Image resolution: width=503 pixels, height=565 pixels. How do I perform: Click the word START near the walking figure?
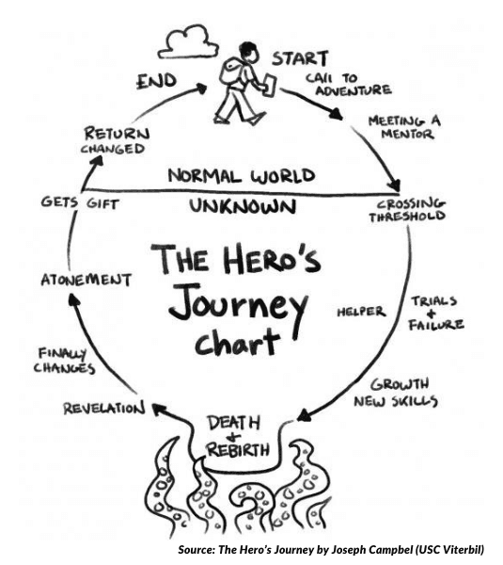(300, 58)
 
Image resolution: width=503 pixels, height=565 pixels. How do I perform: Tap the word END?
(157, 81)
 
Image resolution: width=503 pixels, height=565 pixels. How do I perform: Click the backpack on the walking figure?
(230, 71)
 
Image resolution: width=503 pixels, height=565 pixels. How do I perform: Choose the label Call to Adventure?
(348, 85)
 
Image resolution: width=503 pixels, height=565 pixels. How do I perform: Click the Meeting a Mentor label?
(404, 127)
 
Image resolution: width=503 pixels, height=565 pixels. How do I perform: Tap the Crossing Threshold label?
(407, 210)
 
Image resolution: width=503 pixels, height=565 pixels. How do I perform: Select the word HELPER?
(361, 312)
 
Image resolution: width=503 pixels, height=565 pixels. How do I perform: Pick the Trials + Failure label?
(436, 314)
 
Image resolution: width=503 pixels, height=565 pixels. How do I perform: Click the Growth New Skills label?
(396, 393)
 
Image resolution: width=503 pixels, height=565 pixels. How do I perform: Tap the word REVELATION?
(104, 409)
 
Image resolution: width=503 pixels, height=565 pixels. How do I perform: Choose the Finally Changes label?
(64, 361)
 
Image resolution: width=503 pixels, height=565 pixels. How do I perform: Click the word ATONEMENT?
(86, 280)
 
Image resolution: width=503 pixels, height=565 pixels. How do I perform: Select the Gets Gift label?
(80, 202)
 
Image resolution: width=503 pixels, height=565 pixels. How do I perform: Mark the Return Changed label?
(115, 140)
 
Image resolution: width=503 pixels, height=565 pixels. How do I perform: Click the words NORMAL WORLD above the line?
(242, 175)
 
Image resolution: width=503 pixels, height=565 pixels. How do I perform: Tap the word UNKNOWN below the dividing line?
(243, 207)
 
